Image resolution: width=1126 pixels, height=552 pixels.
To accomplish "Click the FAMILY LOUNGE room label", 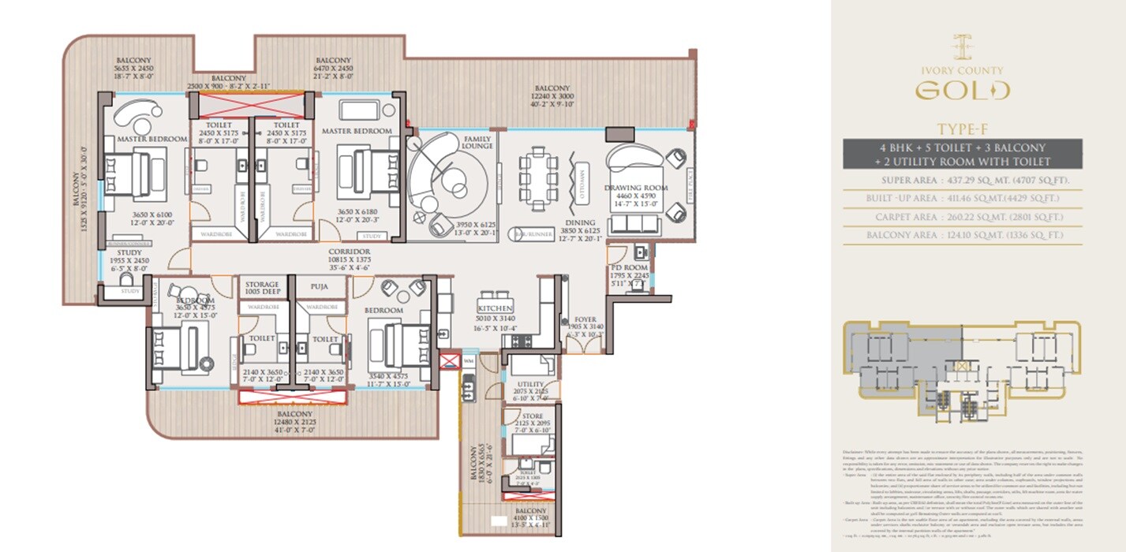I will [x=478, y=141].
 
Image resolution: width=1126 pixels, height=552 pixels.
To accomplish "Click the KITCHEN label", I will [x=495, y=308].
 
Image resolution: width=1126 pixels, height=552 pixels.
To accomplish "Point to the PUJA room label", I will [x=319, y=285].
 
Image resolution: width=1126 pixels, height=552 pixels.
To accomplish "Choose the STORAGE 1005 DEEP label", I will [x=261, y=288].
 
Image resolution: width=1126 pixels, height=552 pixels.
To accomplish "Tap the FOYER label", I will [x=585, y=319].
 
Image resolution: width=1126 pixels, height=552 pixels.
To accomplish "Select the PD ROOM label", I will [x=630, y=268].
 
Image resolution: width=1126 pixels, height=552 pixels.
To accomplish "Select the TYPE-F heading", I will [x=961, y=129].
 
